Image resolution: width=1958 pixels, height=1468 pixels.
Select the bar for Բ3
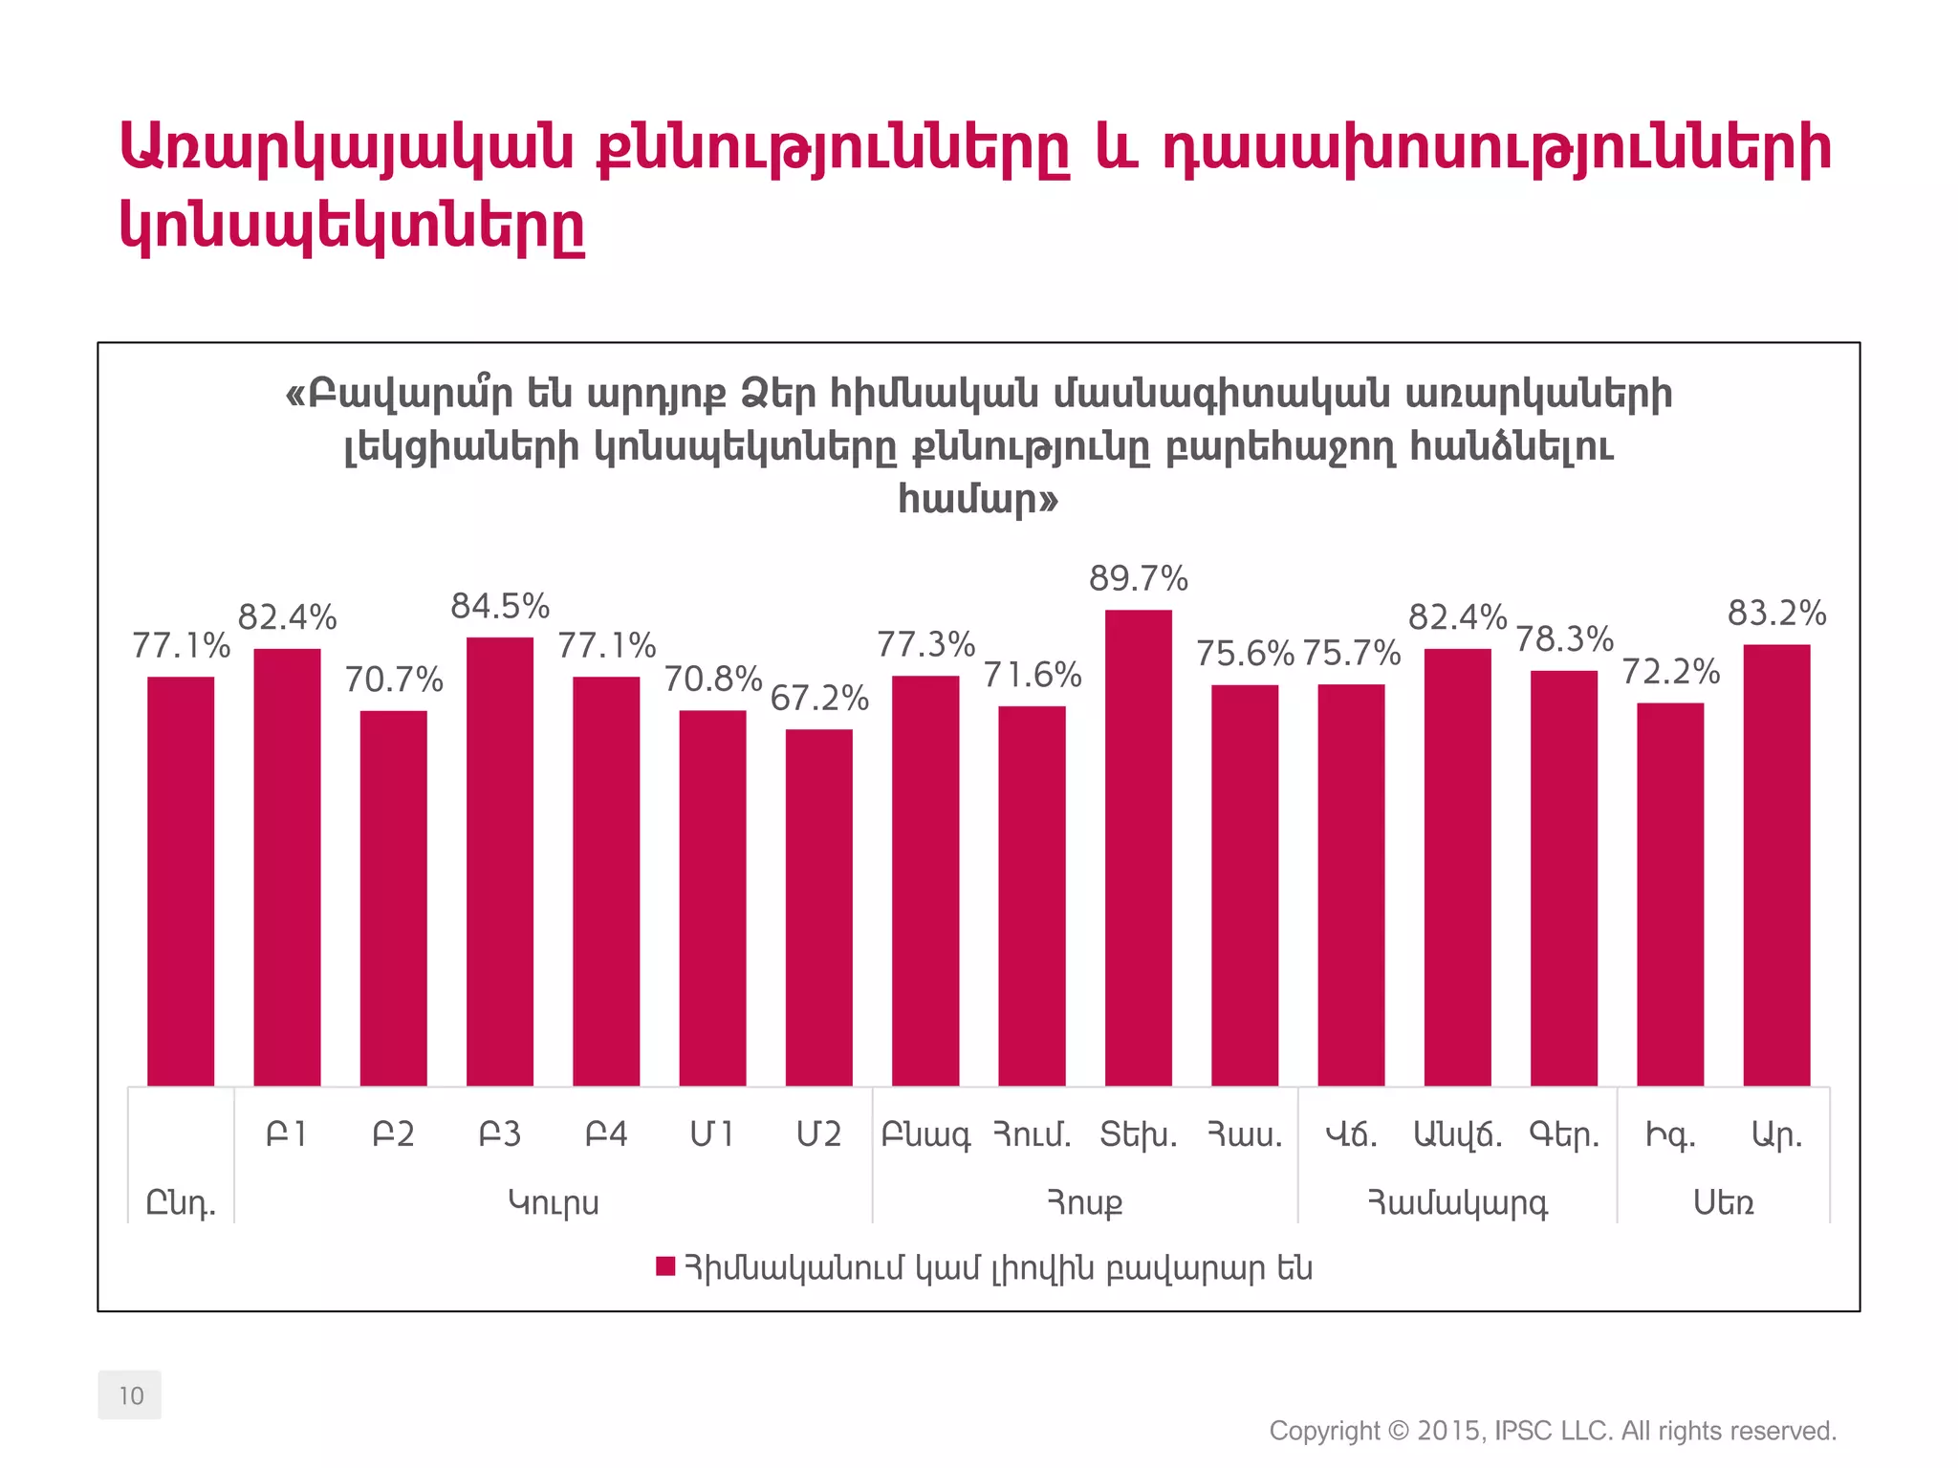[500, 860]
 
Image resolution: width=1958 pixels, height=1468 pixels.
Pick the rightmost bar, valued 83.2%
[1776, 864]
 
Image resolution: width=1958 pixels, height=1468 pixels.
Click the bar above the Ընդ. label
[181, 880]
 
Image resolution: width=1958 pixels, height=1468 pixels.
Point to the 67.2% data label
[819, 699]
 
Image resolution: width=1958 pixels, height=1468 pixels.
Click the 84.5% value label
[500, 607]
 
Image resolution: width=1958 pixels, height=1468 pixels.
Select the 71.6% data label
[1033, 676]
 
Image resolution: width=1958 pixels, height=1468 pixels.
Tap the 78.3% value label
[1564, 639]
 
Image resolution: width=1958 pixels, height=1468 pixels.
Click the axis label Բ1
[287, 1134]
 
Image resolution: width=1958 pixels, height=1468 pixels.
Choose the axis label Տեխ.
[1138, 1134]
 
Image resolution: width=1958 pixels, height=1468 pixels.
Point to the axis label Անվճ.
[1457, 1134]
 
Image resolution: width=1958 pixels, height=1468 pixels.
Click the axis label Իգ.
[1670, 1134]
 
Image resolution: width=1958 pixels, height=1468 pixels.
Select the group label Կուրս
[554, 1202]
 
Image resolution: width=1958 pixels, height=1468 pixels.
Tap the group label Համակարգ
[1457, 1202]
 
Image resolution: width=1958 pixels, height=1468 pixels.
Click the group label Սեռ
[1723, 1202]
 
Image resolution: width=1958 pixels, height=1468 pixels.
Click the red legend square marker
[665, 1267]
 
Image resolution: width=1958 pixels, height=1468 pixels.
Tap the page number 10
[130, 1395]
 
